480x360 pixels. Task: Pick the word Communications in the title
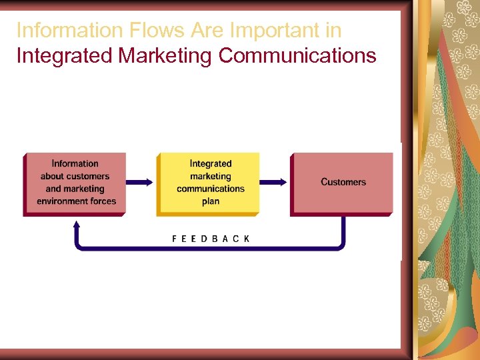[297, 56]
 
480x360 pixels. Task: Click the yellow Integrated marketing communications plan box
[208, 183]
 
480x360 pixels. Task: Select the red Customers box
[343, 183]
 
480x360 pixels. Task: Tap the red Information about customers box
[75, 183]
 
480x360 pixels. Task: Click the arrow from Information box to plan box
[141, 181]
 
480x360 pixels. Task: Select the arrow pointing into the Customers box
[274, 181]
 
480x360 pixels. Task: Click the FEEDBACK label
[210, 239]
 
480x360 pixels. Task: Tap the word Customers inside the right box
[343, 182]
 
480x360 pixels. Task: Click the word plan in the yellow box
[211, 201]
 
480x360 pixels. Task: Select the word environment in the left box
[63, 201]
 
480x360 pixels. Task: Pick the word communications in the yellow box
[211, 189]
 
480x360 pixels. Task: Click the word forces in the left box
[104, 201]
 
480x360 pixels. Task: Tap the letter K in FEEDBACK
[247, 239]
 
